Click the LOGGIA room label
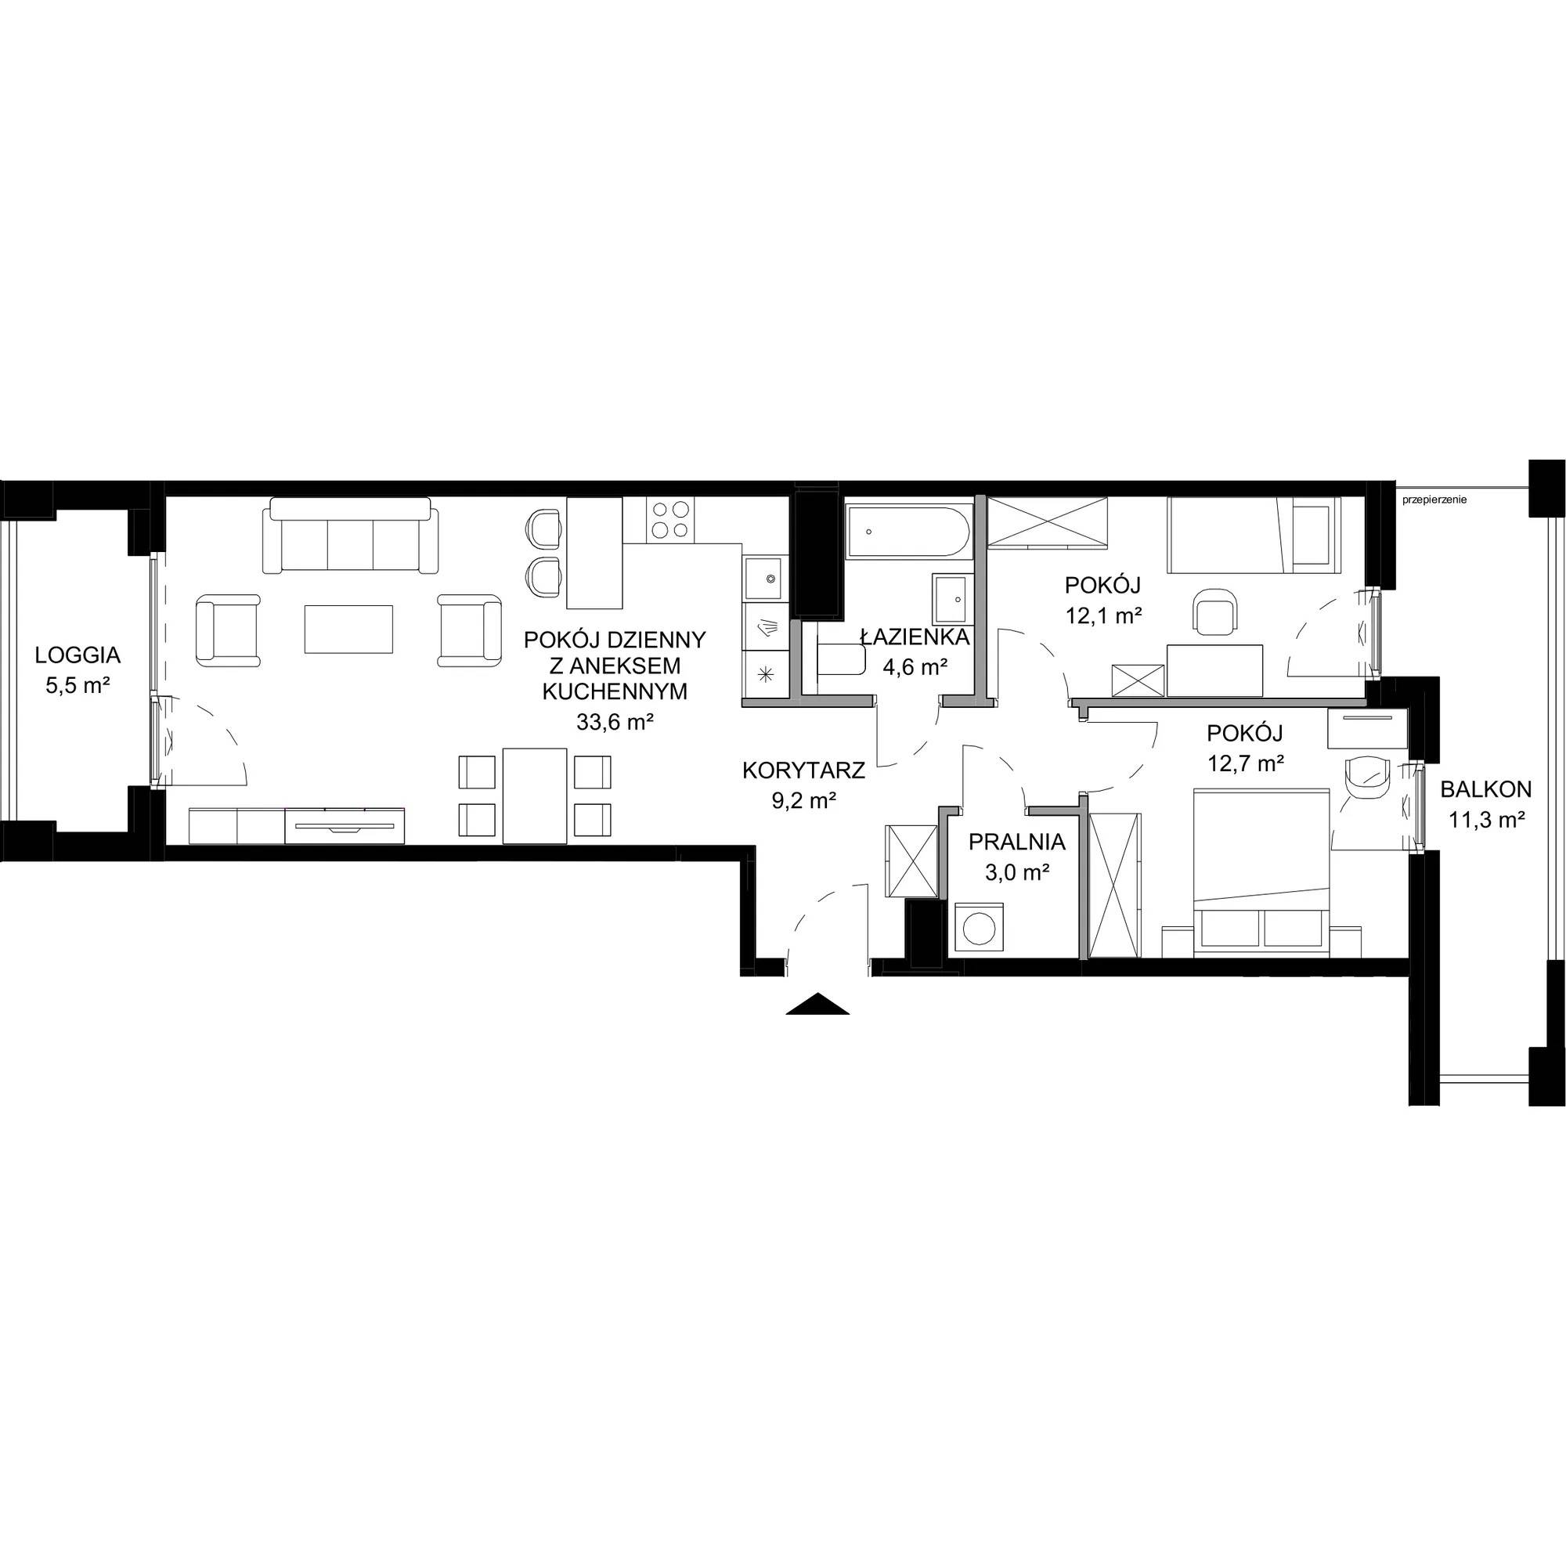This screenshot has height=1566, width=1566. (78, 654)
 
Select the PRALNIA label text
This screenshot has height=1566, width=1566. (1016, 843)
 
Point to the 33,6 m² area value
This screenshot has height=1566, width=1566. (615, 722)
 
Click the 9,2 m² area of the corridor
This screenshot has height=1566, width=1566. (804, 802)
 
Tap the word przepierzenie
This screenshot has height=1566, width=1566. (1434, 500)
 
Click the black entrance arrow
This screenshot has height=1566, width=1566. (817, 1004)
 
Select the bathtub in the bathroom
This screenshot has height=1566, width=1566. (907, 532)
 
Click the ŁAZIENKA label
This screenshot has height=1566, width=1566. (915, 637)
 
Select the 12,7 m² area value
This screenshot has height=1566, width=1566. (1246, 763)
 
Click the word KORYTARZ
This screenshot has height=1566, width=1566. (804, 770)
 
